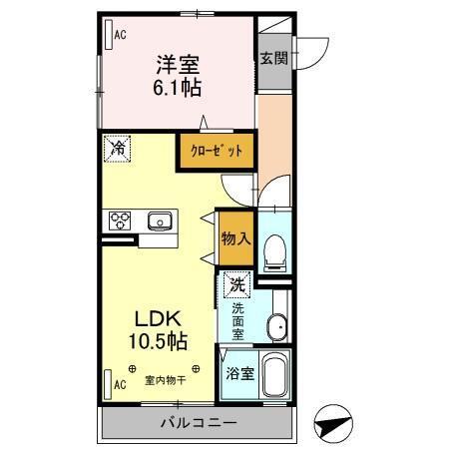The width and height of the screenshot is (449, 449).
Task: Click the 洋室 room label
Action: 177,65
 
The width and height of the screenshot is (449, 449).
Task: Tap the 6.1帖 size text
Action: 177,88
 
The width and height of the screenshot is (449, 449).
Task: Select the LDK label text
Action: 157,320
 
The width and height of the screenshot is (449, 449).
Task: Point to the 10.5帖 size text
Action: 157,342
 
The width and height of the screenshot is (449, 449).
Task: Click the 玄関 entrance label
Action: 274,58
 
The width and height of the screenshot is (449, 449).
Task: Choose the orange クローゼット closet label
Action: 217,152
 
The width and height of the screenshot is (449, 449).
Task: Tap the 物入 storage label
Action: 235,239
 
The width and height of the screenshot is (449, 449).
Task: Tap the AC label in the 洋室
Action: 120,36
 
